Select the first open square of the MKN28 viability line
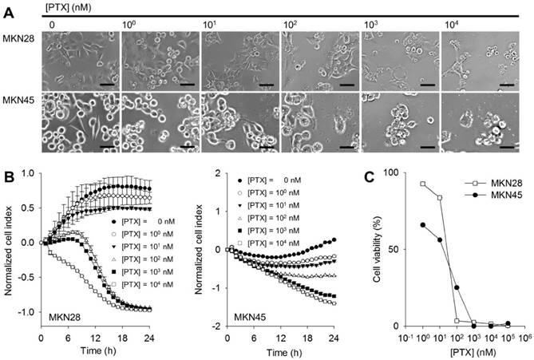[421, 184]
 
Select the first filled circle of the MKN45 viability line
[421, 225]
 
